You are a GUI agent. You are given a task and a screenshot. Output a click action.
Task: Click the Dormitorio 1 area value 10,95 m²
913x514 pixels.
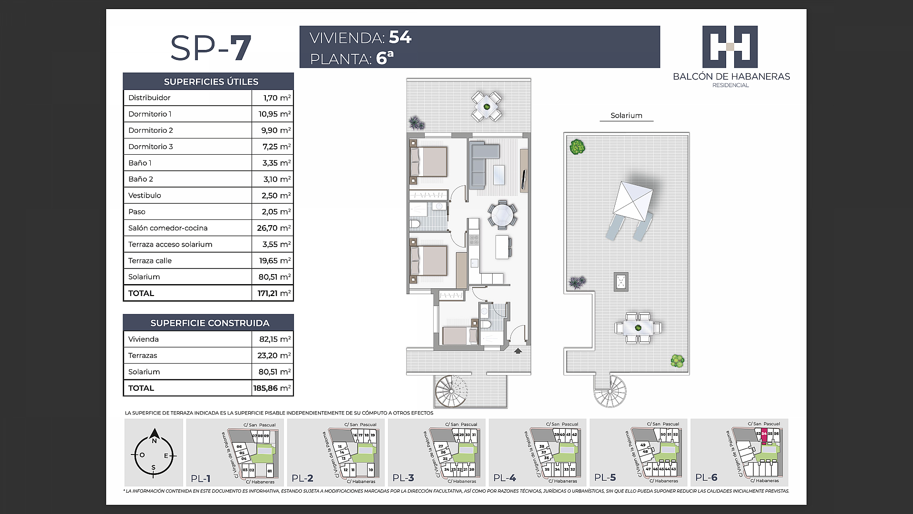click(x=274, y=114)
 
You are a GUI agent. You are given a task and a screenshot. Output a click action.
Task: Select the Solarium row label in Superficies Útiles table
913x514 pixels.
click(x=144, y=277)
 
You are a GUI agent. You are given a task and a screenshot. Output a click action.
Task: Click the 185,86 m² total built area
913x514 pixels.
click(x=272, y=388)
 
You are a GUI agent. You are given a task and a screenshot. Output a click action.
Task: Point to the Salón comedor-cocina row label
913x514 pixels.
click(x=168, y=228)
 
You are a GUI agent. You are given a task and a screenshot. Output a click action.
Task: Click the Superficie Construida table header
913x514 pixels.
click(x=209, y=323)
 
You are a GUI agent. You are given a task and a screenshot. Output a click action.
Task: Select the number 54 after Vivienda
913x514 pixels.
click(x=400, y=37)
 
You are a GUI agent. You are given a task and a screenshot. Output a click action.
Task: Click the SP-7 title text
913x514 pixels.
click(x=210, y=48)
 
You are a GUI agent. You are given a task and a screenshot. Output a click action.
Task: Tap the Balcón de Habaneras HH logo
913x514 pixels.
click(x=730, y=47)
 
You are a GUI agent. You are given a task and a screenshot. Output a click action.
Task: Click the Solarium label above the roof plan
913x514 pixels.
click(x=626, y=116)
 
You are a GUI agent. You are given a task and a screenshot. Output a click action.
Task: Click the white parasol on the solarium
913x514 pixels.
click(x=632, y=201)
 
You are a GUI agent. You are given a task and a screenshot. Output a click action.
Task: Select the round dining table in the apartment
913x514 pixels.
click(x=502, y=215)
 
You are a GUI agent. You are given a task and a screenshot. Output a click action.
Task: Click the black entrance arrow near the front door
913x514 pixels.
click(x=518, y=351)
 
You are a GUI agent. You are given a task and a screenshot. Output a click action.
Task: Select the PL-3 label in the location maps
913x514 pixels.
click(x=403, y=478)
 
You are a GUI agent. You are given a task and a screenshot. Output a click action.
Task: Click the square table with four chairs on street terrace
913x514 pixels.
click(x=486, y=107)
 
